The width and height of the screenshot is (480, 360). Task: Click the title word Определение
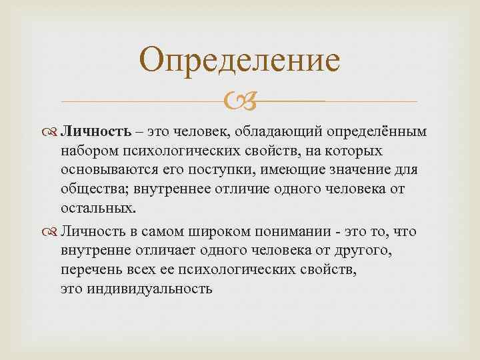[x=240, y=61]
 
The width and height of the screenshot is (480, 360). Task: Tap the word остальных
[x=96, y=207]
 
